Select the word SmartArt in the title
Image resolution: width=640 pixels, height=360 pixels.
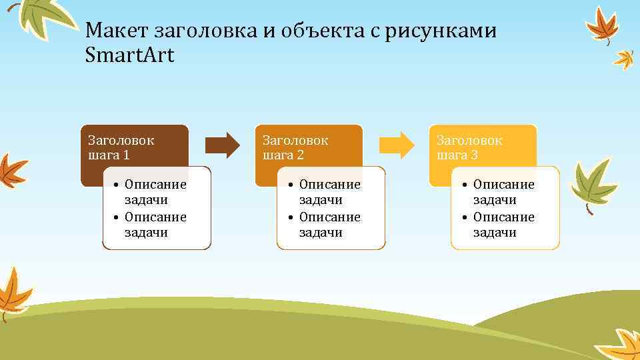click(x=129, y=55)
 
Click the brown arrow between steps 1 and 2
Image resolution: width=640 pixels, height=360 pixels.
click(x=222, y=145)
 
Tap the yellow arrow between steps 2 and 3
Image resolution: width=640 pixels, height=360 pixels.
click(x=397, y=145)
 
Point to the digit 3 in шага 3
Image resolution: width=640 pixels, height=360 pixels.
click(x=474, y=155)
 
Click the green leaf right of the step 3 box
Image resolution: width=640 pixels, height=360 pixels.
click(x=593, y=183)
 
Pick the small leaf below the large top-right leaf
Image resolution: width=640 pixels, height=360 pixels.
click(x=625, y=59)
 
